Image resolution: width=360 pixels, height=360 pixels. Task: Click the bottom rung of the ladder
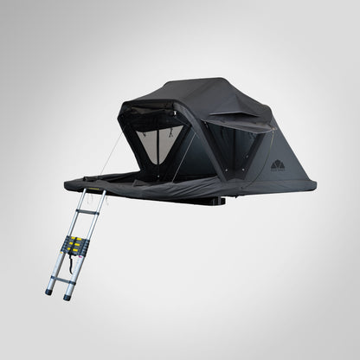(x=61, y=279)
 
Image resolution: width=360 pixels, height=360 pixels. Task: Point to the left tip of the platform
(x=67, y=183)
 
